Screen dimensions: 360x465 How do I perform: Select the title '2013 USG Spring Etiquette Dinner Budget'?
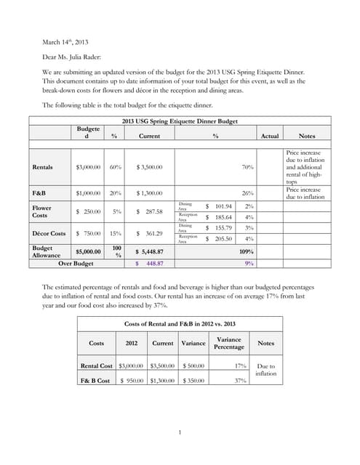pos(180,121)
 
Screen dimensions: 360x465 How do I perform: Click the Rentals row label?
pos(47,167)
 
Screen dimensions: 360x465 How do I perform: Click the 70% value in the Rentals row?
pos(247,167)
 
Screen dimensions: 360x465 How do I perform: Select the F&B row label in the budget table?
pos(41,193)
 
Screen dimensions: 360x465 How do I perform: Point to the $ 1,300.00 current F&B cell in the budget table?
pos(149,193)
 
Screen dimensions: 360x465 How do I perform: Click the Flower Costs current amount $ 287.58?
pos(150,211)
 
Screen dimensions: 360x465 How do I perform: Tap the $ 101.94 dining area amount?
pos(219,206)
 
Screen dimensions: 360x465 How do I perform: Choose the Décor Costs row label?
pos(49,233)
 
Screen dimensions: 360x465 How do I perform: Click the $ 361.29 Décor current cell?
pos(150,233)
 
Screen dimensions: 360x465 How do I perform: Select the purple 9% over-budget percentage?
pos(249,264)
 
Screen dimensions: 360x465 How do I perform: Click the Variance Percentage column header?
pos(229,343)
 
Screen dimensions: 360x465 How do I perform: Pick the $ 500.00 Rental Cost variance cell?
pos(193,366)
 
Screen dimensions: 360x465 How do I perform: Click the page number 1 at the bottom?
pos(179,434)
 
